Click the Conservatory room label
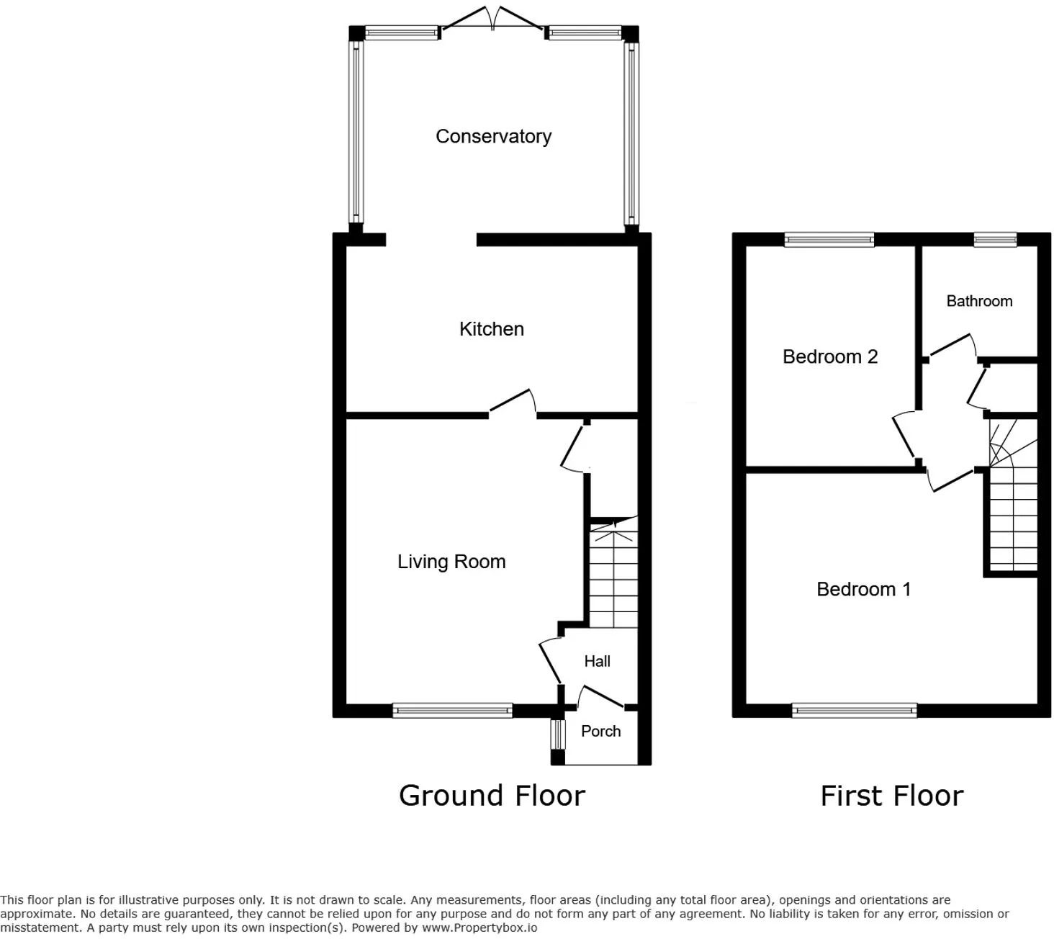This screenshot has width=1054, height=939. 493,136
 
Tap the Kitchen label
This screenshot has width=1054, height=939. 491,329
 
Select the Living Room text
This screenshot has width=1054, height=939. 451,562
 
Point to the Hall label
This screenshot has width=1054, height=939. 597,661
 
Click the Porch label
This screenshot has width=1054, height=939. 600,731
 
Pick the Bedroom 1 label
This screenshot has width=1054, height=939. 863,589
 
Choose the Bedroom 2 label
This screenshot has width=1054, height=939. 830,356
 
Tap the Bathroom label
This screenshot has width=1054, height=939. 979,301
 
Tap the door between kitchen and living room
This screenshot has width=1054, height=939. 513,403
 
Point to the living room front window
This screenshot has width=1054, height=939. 452,711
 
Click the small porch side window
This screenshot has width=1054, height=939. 558,734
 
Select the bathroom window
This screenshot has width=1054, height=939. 995,240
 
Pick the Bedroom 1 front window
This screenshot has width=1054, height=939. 854,711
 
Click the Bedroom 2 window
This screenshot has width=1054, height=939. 829,240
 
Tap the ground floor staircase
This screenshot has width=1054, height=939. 613,572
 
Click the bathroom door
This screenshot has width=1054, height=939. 950,347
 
